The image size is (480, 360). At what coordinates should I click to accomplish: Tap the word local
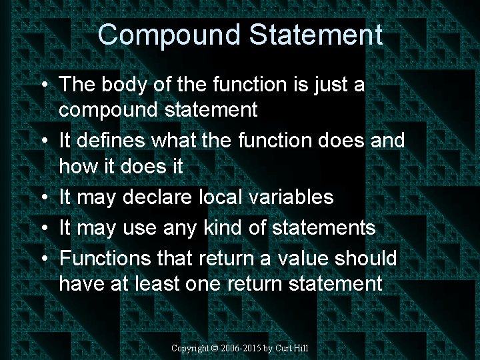pos(227,197)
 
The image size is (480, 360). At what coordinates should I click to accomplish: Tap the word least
pos(155,284)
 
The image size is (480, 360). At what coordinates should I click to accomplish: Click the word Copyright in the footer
pos(190,348)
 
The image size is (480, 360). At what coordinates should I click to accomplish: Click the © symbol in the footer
pos(215,348)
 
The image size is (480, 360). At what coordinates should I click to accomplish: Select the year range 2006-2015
pos(242,348)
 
